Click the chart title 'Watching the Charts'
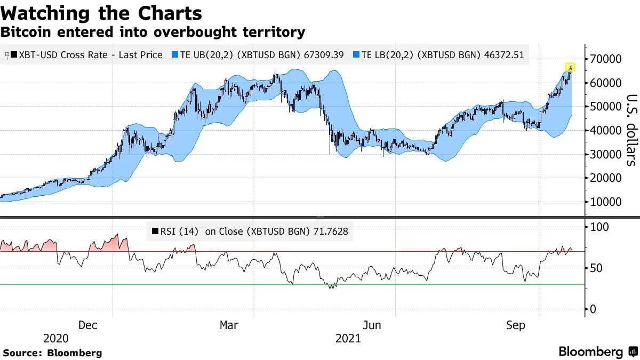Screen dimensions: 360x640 coord(101,13)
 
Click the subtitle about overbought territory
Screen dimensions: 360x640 coord(153,32)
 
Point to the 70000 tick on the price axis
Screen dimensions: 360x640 coord(605,59)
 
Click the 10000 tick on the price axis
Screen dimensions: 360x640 coord(605,202)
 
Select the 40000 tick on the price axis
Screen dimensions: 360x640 coord(605,131)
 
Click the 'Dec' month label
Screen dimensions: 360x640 coord(87,325)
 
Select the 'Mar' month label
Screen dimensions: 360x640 coord(229,325)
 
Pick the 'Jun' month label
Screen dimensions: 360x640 coord(372,325)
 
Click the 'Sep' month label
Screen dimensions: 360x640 coord(515,325)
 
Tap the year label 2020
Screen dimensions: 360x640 coord(55,339)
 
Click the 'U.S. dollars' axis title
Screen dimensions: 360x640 coord(630,131)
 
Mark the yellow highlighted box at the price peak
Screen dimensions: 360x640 coord(570,67)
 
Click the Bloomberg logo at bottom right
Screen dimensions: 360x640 coord(597,352)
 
